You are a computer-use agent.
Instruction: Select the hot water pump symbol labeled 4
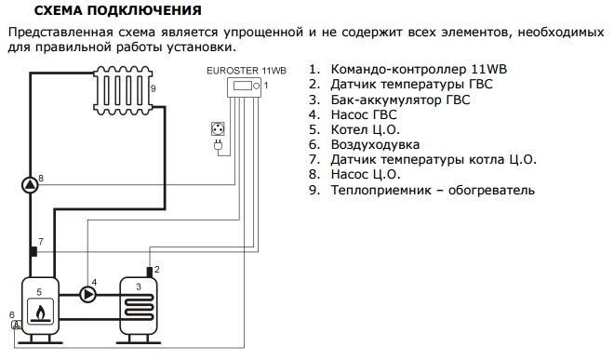tap(88, 294)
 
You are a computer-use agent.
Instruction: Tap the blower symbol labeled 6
tap(15, 326)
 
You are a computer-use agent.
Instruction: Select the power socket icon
tap(219, 132)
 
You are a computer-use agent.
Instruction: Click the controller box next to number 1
tap(247, 87)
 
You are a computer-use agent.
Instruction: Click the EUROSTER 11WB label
tap(247, 70)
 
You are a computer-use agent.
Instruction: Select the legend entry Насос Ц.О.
tap(366, 174)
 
